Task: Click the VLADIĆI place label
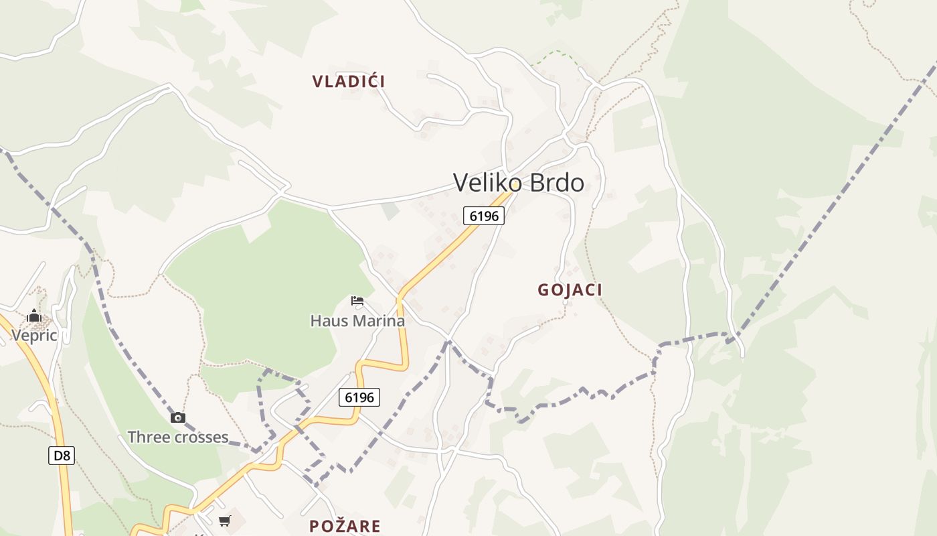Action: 348,82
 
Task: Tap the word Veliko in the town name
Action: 484,183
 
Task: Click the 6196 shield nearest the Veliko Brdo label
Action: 483,216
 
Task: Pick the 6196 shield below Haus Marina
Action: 359,397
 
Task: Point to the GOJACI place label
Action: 570,290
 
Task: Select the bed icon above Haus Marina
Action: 357,301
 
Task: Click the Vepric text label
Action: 34,336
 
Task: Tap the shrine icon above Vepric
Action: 34,316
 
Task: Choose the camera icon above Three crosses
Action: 177,418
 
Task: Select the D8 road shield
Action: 62,456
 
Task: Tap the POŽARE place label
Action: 345,526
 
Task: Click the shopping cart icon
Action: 225,521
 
